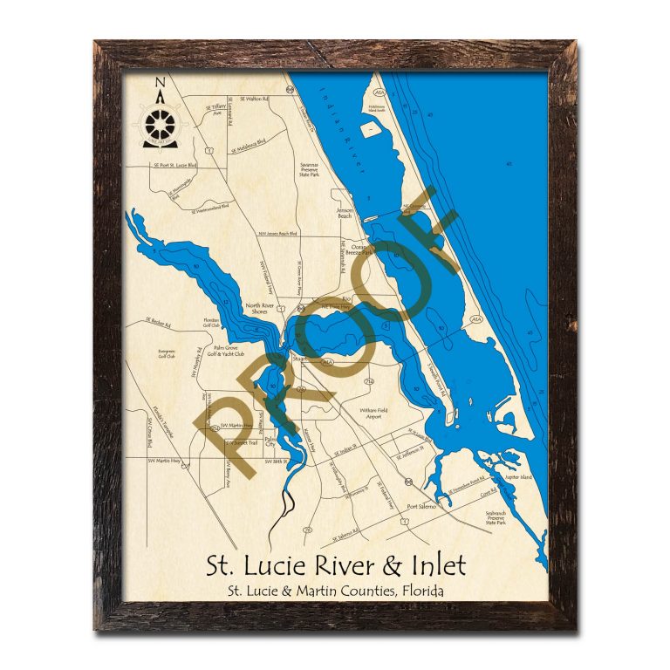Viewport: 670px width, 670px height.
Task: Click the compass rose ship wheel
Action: pyautogui.click(x=158, y=121)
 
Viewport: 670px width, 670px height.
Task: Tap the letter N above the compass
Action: pyautogui.click(x=159, y=84)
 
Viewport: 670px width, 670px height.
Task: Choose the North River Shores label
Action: pyautogui.click(x=261, y=308)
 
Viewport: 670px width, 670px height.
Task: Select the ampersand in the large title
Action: pyautogui.click(x=393, y=565)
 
